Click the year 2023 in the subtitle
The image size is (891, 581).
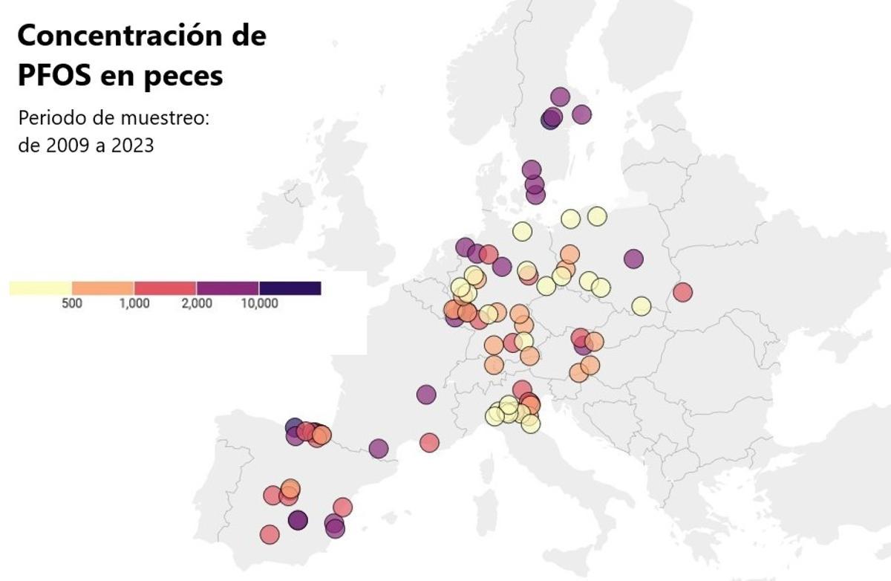[133, 145]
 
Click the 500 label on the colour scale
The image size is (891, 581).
[72, 304]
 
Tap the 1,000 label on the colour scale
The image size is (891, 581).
[134, 304]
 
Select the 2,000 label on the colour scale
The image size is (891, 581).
[197, 304]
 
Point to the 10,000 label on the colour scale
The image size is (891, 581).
[259, 304]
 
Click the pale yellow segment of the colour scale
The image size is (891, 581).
[41, 288]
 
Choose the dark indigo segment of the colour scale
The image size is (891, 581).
[290, 288]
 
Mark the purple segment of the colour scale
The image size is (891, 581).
[227, 288]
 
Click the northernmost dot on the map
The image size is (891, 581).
[560, 97]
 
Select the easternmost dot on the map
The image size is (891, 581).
[682, 293]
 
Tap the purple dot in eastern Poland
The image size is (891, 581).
[633, 259]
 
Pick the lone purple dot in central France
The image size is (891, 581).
[426, 395]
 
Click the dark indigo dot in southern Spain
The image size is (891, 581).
[298, 520]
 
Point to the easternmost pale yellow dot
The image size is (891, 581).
[642, 305]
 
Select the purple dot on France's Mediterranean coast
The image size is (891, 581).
[379, 449]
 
